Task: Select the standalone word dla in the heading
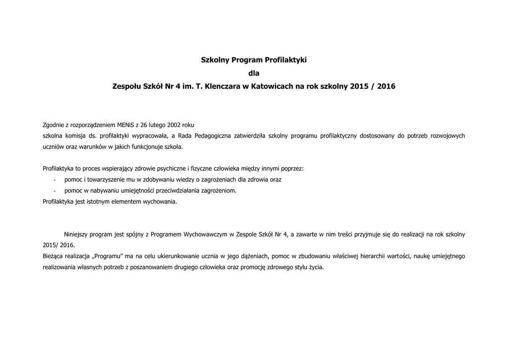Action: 254,73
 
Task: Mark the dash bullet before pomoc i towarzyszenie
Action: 55,180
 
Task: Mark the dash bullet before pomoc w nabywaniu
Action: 55,191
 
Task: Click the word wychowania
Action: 159,202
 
